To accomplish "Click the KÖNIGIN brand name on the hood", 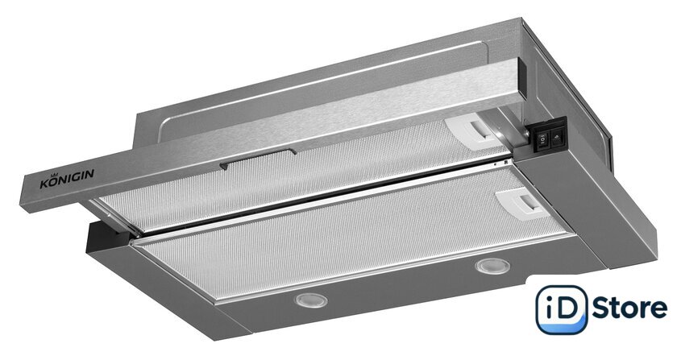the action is (67, 179).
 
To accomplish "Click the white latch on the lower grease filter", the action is (523, 202).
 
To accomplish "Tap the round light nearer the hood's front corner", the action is (311, 300).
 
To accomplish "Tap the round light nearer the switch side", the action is (492, 266).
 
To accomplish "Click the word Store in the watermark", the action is (629, 308).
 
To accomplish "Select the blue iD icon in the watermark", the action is (561, 309).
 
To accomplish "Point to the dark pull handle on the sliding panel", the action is (258, 158).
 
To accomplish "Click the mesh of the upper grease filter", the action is (293, 177).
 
